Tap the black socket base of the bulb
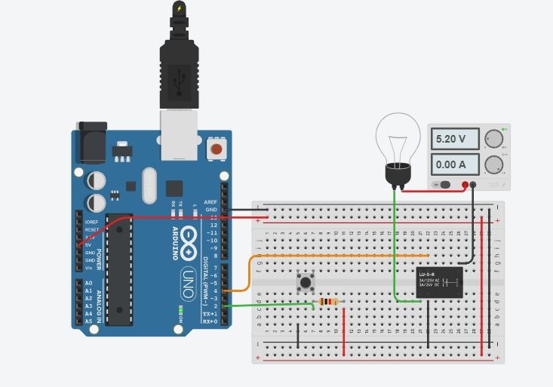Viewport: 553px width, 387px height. pyautogui.click(x=397, y=175)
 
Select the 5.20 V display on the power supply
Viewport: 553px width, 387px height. pyautogui.click(x=456, y=139)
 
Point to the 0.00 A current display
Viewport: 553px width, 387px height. pyautogui.click(x=456, y=164)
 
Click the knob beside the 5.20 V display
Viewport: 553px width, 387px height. pyautogui.click(x=493, y=139)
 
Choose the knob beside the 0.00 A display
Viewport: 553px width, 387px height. pyautogui.click(x=493, y=164)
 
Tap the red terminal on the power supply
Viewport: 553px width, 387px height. pyautogui.click(x=465, y=184)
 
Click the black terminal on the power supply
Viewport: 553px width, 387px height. pyautogui.click(x=474, y=184)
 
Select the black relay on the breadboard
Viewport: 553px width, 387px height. pyautogui.click(x=440, y=282)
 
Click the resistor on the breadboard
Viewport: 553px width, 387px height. pyautogui.click(x=328, y=302)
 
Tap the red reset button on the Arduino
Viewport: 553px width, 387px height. pyautogui.click(x=217, y=149)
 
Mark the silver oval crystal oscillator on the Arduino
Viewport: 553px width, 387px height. pyautogui.click(x=148, y=185)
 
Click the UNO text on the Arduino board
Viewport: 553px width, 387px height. pyautogui.click(x=188, y=282)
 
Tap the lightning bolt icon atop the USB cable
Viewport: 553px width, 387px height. pyautogui.click(x=179, y=9)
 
